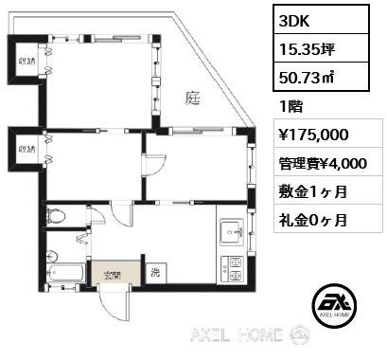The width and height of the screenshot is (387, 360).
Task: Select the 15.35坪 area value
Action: [307, 49]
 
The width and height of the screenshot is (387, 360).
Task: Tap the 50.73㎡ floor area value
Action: [306, 77]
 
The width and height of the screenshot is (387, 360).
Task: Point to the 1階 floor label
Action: [290, 107]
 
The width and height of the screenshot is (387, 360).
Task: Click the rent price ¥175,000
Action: [313, 135]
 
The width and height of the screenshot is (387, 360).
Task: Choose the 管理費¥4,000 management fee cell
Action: [323, 163]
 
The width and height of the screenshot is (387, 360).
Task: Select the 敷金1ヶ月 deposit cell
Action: [313, 191]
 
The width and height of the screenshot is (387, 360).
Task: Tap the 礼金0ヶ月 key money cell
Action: [313, 220]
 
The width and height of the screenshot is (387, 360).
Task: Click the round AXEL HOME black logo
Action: [334, 305]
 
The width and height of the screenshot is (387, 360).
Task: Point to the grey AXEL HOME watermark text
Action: [237, 335]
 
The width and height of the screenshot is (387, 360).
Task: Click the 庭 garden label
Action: [193, 98]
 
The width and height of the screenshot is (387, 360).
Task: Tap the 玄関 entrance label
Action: [113, 276]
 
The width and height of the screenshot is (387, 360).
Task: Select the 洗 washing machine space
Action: [156, 273]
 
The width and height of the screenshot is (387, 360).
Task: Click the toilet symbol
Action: [56, 216]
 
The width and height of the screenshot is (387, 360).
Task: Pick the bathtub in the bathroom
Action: [65, 272]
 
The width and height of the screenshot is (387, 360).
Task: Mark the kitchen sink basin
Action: [232, 232]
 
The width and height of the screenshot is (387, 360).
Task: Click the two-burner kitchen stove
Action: [233, 269]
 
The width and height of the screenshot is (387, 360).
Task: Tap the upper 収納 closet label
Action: [26, 61]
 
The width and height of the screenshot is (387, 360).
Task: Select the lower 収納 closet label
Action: [26, 149]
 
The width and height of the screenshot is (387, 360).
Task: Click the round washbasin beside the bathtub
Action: [52, 256]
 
